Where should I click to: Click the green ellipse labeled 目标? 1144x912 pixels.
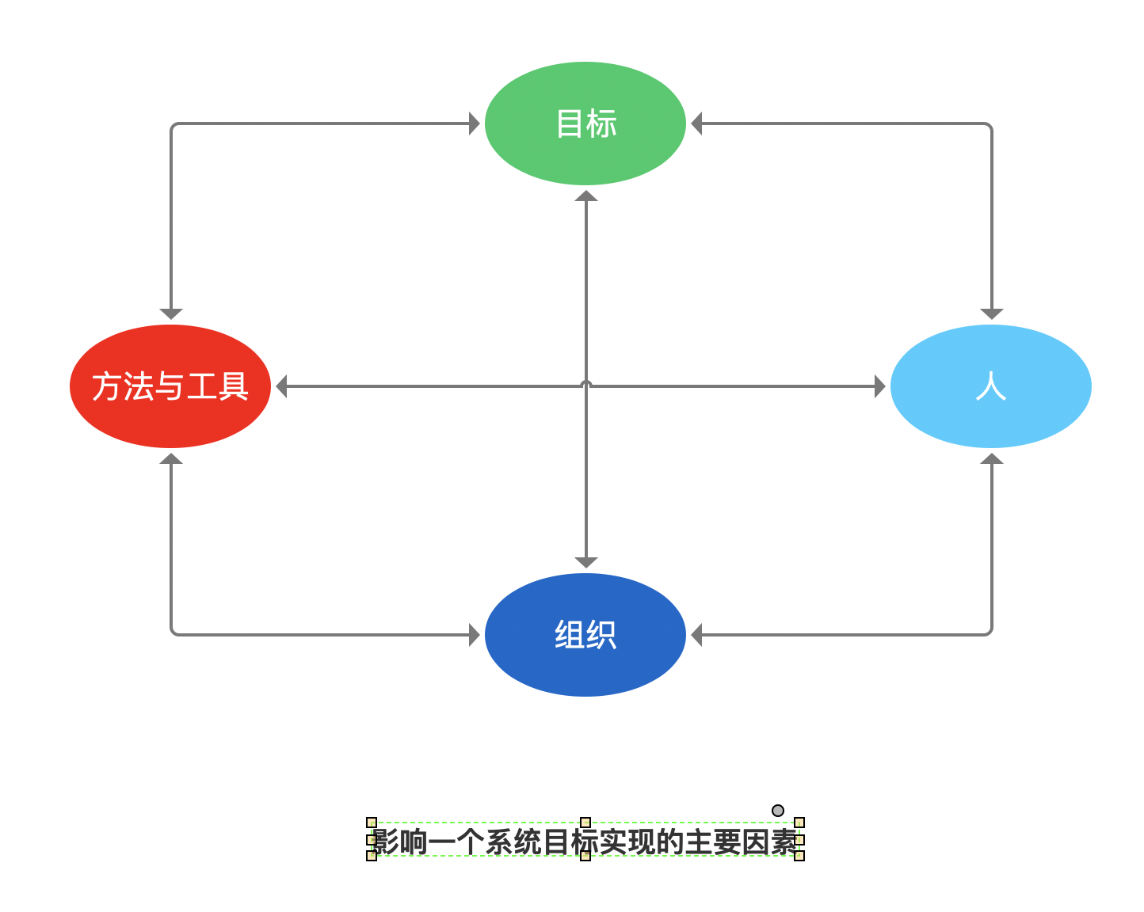tap(585, 123)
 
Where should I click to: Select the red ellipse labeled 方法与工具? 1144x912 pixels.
tap(170, 386)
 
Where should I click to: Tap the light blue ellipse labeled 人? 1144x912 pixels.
tap(990, 386)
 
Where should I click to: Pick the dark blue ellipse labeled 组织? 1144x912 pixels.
tap(585, 635)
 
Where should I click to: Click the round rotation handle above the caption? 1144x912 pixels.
tap(778, 811)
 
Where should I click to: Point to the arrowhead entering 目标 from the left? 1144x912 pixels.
tap(475, 123)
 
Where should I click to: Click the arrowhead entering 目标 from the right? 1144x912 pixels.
tap(696, 123)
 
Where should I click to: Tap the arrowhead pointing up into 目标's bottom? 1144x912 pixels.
tap(586, 196)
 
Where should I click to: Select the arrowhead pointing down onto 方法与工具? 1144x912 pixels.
tap(171, 314)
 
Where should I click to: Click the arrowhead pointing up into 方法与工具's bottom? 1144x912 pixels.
tap(171, 458)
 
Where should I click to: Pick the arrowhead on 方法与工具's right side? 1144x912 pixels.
tap(281, 387)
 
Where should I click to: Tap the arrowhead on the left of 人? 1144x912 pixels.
tap(880, 387)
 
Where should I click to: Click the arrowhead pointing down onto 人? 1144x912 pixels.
tap(992, 314)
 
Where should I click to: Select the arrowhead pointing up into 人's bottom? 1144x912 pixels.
tap(992, 458)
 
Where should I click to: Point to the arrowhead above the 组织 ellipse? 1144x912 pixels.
tap(586, 563)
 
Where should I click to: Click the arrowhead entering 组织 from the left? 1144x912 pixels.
tap(475, 635)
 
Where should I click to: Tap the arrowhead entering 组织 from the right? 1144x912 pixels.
tap(696, 635)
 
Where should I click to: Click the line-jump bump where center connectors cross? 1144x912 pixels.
tap(586, 385)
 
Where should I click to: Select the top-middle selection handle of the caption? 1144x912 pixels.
tap(585, 823)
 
